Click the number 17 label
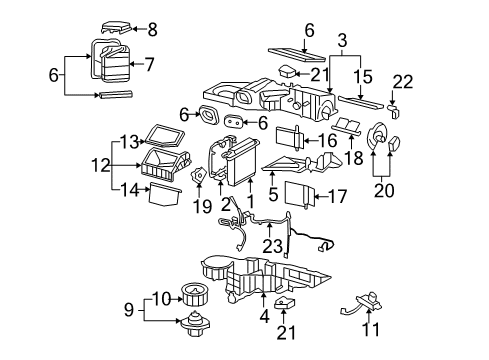[339, 197]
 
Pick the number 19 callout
[204, 206]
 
